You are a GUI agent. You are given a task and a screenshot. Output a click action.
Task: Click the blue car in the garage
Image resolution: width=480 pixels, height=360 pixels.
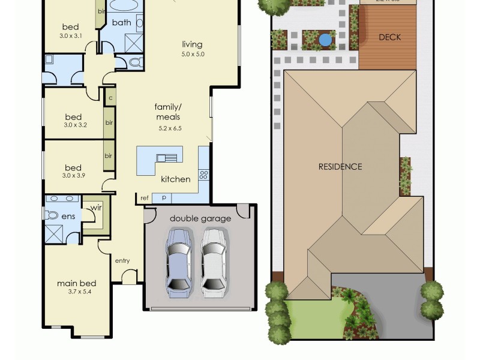click(179, 263)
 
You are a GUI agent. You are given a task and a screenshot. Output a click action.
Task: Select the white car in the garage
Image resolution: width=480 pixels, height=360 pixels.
click(214, 263)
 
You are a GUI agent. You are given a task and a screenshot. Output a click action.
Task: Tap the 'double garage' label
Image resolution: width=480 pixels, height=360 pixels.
click(200, 218)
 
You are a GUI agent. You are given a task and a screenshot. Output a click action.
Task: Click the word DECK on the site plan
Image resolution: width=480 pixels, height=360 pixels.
click(389, 37)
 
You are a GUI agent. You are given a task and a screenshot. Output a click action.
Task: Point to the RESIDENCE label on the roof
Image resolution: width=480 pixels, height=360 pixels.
click(340, 166)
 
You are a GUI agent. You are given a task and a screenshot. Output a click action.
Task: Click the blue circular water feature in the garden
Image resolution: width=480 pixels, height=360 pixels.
click(325, 40)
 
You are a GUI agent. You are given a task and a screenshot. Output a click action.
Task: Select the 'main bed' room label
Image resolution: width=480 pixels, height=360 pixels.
click(77, 283)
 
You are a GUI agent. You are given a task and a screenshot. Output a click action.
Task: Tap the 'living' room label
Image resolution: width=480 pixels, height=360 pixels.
click(193, 44)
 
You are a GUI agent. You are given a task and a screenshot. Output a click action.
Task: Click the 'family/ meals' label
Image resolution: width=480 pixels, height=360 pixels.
click(168, 112)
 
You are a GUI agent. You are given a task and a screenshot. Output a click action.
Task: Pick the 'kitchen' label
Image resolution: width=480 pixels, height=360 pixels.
click(175, 179)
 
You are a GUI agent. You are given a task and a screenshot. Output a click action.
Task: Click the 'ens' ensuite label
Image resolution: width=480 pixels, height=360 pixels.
click(68, 216)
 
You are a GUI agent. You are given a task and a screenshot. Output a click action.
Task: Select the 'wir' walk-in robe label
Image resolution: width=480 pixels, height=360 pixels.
click(95, 208)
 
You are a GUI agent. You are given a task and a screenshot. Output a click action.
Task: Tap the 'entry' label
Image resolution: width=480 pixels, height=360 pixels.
click(122, 260)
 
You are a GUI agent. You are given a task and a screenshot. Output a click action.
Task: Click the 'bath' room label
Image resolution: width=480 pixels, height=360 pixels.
click(121, 23)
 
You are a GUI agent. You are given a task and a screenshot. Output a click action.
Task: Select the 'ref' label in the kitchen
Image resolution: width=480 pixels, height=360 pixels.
click(145, 197)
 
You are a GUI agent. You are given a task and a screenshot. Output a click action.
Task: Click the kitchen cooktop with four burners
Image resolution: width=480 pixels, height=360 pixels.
click(203, 175)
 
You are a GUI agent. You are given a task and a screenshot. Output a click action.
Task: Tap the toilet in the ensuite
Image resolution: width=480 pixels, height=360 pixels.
click(52, 214)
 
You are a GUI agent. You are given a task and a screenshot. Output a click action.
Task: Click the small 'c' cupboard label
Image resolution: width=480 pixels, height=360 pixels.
click(110, 97)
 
